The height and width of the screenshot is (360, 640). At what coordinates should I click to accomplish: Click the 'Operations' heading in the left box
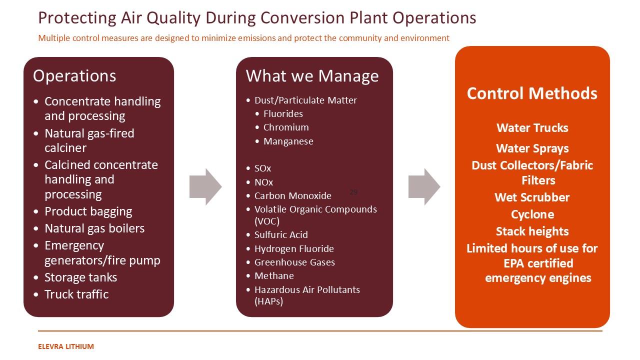click(x=74, y=76)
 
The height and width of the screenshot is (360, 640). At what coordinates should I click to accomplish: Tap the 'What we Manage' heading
click(x=312, y=76)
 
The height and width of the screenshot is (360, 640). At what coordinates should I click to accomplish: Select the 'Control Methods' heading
click(x=532, y=93)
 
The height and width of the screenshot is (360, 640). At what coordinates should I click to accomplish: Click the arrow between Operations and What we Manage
click(x=205, y=186)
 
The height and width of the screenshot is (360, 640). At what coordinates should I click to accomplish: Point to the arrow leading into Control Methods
click(x=424, y=186)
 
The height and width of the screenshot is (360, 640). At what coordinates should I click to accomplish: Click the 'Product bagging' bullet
click(x=88, y=211)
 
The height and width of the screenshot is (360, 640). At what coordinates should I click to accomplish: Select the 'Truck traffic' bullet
click(x=76, y=294)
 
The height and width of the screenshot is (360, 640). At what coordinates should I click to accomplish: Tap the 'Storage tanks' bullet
click(x=80, y=277)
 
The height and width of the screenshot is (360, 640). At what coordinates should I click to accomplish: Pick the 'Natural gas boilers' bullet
click(x=94, y=228)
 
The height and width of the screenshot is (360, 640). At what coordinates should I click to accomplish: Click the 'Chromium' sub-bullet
click(x=286, y=127)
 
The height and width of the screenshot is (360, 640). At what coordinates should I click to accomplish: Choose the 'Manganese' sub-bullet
click(x=288, y=141)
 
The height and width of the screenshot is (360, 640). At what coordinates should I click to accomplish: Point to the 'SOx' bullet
click(x=262, y=168)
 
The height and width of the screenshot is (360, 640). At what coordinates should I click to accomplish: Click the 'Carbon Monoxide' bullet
click(x=292, y=196)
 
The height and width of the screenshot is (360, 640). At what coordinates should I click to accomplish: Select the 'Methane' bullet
click(x=274, y=276)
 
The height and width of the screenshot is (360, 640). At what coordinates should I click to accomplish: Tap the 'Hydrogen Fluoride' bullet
click(x=294, y=249)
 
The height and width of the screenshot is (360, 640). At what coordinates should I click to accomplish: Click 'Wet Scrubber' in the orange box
click(x=532, y=197)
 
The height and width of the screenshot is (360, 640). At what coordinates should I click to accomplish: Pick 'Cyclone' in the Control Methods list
click(x=532, y=214)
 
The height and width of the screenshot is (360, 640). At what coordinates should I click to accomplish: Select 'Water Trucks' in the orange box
click(x=532, y=128)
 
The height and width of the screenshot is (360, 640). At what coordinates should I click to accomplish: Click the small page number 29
click(x=353, y=192)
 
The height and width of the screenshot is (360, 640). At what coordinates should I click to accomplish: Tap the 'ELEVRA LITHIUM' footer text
click(x=66, y=346)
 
